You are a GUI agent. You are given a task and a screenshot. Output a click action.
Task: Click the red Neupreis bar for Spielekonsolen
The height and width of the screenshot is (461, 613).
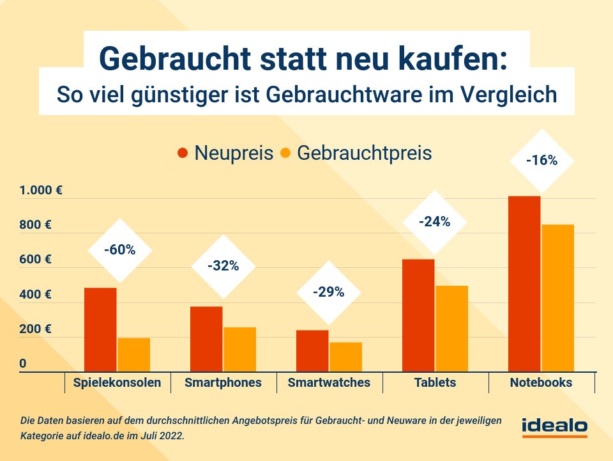100,329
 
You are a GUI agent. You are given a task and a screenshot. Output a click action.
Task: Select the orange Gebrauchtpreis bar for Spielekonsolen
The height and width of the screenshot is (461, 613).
134,354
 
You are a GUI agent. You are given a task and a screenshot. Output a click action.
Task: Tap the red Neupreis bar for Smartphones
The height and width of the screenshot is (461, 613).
206,339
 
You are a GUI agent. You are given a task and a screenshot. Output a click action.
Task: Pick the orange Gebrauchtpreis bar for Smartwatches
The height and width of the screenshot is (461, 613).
346,356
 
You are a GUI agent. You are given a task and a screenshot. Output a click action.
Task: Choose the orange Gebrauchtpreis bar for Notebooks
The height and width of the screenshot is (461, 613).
557,297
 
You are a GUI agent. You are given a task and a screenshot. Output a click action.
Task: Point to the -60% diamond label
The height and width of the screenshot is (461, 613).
120,250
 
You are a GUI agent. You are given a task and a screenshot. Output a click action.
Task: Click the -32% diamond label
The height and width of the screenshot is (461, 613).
223,266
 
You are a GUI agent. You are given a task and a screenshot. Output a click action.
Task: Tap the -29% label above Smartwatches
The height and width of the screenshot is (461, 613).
328,293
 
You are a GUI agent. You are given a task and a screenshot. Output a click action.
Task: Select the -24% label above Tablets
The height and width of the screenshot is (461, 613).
434,223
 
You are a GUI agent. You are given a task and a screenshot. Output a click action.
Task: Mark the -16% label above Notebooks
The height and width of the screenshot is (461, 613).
541,160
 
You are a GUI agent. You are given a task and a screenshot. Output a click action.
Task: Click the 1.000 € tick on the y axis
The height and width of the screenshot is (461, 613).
40,191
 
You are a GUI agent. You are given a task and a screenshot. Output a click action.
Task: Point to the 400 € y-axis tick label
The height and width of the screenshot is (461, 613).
35,295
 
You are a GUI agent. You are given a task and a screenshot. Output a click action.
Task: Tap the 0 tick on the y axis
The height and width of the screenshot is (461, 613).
23,364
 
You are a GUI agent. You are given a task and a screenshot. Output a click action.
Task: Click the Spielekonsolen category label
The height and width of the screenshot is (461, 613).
117,383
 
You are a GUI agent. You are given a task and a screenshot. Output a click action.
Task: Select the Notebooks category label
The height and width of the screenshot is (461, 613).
541,383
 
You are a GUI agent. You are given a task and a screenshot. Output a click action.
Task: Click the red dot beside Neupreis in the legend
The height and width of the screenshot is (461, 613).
183,153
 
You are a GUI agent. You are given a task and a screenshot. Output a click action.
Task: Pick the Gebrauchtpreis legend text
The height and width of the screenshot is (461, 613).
364,153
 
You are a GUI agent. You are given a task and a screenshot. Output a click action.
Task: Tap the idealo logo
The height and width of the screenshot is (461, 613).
554,426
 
